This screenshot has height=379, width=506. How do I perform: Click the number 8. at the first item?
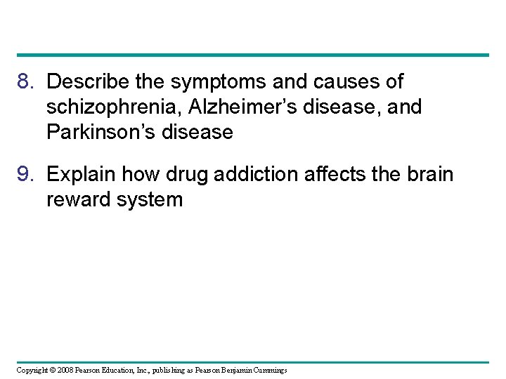click(27, 82)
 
